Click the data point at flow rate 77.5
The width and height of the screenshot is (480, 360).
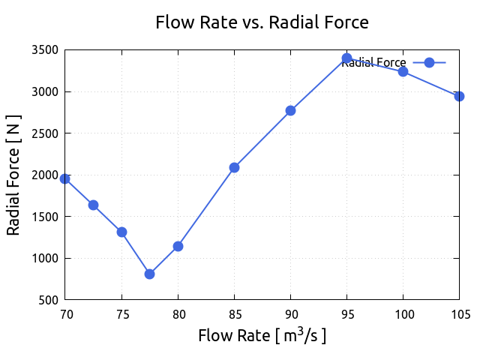pos(150,274)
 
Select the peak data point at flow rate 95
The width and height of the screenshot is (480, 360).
pos(346,58)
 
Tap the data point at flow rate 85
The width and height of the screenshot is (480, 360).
pos(234,167)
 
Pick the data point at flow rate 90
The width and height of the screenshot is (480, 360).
pos(290,110)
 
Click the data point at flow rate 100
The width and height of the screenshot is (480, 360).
pos(403,71)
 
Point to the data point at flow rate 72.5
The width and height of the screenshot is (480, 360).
pos(94,205)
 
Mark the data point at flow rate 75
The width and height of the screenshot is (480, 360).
pos(121,232)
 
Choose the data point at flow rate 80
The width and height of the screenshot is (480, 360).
pos(178,246)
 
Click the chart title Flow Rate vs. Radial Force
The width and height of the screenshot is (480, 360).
pos(262,22)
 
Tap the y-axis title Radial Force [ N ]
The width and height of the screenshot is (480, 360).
pos(13,175)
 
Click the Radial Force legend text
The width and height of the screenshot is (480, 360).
pos(373,63)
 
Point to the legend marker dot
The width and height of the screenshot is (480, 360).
pos(429,63)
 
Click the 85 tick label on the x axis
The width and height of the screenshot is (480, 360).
pos(234,314)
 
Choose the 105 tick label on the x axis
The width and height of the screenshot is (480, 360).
pos(459,314)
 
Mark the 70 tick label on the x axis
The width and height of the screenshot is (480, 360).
pos(65,314)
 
